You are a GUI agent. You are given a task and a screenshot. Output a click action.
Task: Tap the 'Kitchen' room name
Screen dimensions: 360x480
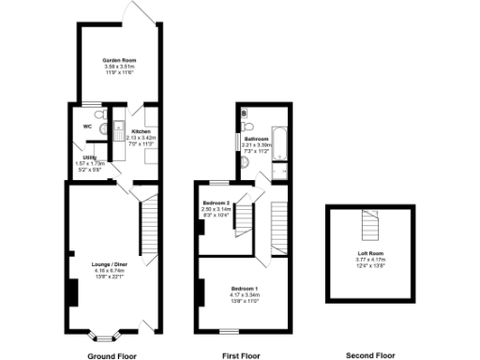[x=141, y=131]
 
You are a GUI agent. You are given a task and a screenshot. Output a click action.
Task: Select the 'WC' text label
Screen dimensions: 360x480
[x=87, y=126]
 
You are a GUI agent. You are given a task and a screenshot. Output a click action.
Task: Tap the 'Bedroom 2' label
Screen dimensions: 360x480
[x=216, y=202]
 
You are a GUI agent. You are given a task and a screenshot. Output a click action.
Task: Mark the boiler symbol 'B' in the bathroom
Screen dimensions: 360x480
[x=244, y=113]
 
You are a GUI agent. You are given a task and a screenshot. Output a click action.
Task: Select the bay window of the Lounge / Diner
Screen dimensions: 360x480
[x=103, y=332]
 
